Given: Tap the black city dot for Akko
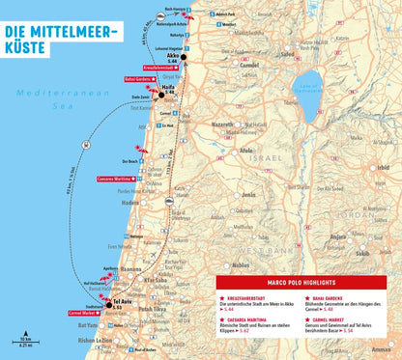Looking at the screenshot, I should point(183,58).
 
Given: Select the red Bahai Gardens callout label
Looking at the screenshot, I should point(141,77).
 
